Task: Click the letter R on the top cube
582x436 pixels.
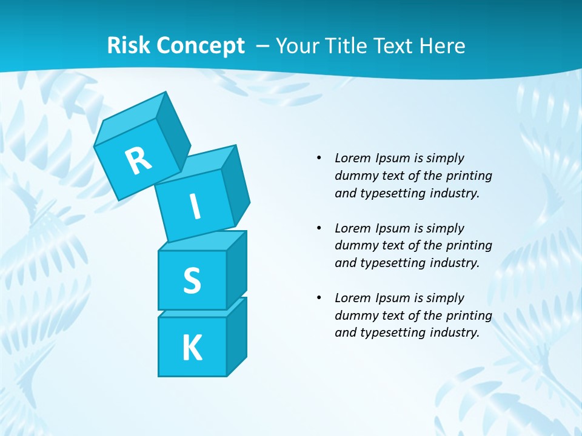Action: (x=138, y=160)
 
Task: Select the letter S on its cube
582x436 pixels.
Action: (x=192, y=281)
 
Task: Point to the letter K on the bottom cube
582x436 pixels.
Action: (x=192, y=348)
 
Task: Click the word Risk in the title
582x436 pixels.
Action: (x=128, y=45)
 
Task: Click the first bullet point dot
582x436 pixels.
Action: (x=319, y=158)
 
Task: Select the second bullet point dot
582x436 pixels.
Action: (x=319, y=228)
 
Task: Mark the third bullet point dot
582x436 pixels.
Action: (x=319, y=298)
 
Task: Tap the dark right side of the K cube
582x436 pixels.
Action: (x=236, y=337)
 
